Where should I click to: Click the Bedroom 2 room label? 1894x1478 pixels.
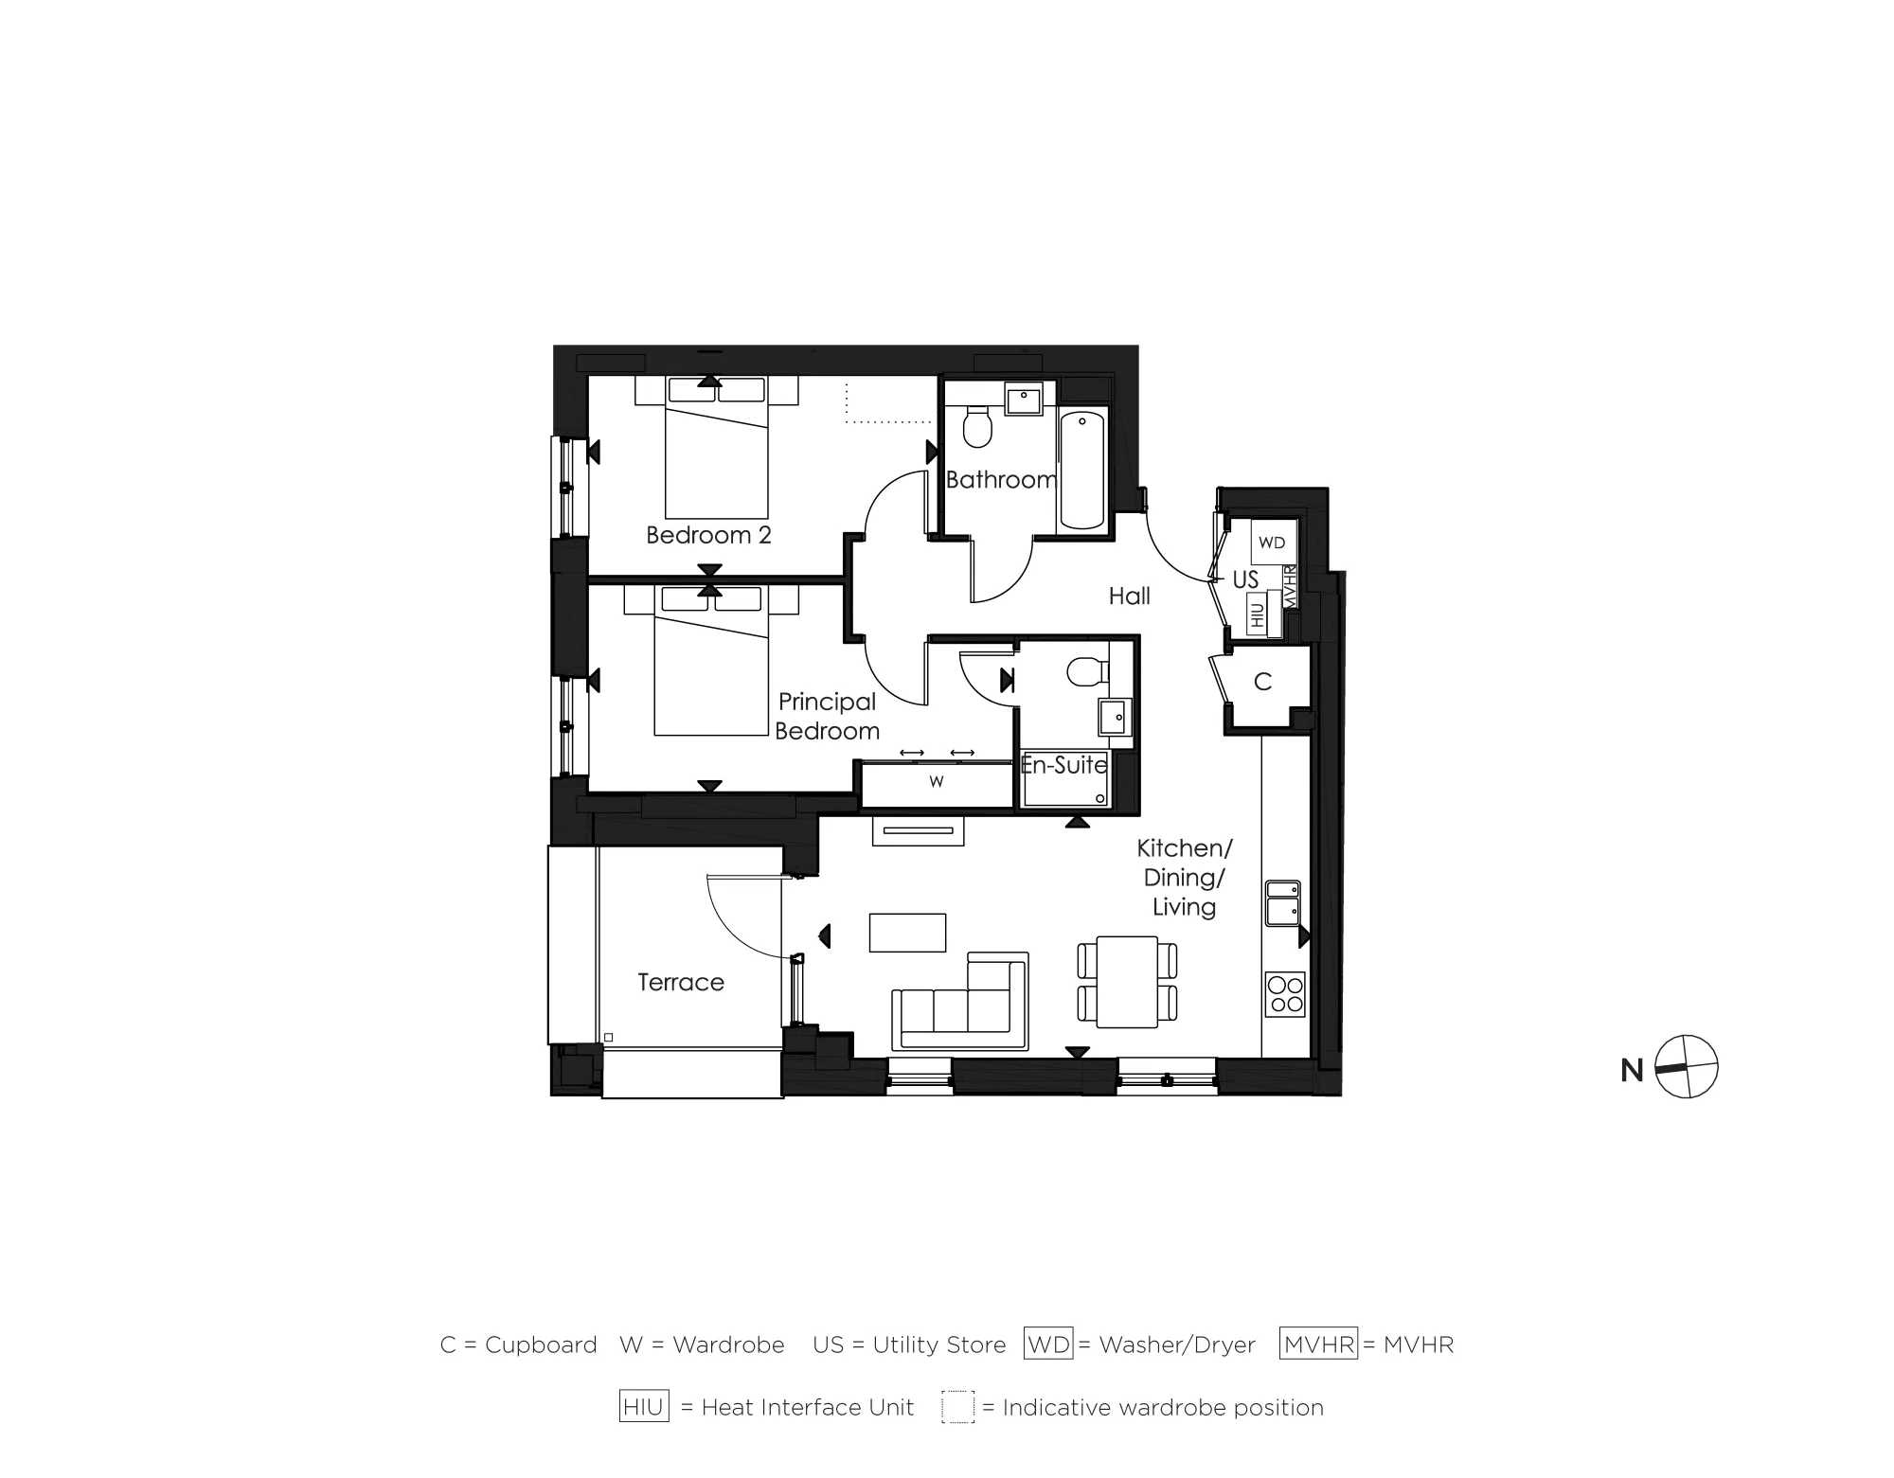(x=708, y=535)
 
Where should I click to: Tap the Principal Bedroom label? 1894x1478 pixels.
(x=827, y=716)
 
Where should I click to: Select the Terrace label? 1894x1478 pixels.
(x=680, y=983)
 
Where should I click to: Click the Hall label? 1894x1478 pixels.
(x=1129, y=597)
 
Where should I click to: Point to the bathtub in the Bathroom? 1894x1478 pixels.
(x=1081, y=470)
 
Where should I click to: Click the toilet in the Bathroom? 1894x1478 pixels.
(x=976, y=428)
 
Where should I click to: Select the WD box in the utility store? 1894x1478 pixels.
(x=1272, y=543)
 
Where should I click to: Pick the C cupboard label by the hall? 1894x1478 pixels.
(x=1262, y=682)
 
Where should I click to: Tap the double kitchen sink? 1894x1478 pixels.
(x=1283, y=903)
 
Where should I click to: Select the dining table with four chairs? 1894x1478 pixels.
(x=1127, y=982)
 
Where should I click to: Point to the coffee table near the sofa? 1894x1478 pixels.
(x=907, y=932)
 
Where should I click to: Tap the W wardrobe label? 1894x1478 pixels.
(x=936, y=782)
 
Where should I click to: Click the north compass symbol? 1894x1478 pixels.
(x=1687, y=1067)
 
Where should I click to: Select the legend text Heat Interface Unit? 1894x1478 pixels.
(x=807, y=1408)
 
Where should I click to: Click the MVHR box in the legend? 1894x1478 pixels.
(x=1318, y=1344)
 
